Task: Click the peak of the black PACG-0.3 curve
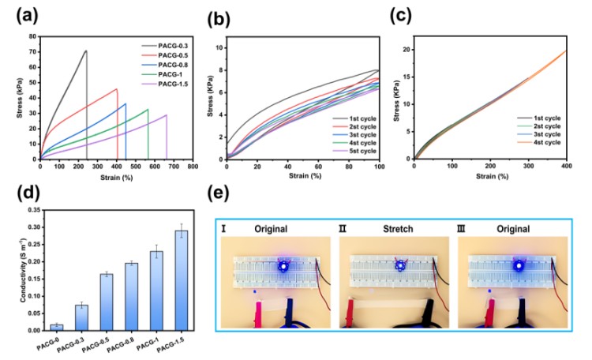point(85,51)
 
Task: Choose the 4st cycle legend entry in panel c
point(544,141)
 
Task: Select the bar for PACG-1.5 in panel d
point(182,280)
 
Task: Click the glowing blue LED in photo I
point(282,266)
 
